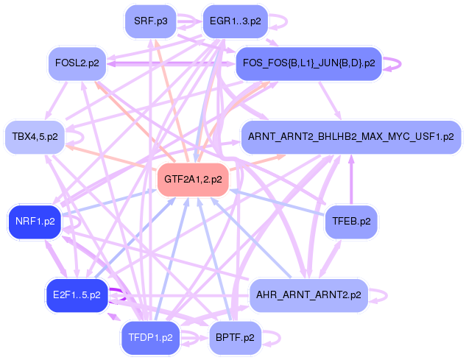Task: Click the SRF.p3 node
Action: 151,21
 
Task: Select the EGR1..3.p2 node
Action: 234,21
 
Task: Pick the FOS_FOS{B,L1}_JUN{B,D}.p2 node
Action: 308,63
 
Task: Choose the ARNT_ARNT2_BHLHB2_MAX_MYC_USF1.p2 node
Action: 350,136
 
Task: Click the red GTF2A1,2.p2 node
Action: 193,179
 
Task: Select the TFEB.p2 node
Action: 350,220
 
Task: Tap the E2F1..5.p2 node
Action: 77,295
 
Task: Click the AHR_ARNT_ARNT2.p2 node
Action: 308,295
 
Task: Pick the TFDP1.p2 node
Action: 151,338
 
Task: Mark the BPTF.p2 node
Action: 235,338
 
